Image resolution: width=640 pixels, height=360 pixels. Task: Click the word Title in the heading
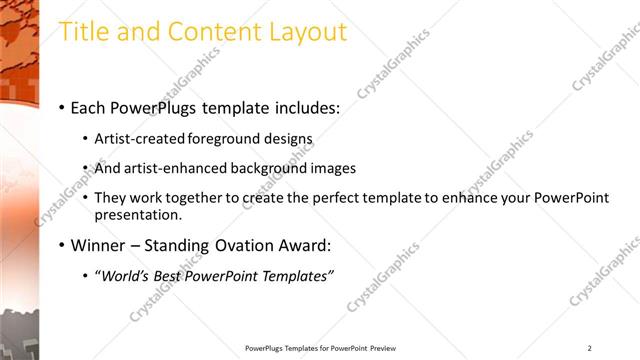click(83, 31)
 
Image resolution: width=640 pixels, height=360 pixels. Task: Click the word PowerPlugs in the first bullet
click(154, 106)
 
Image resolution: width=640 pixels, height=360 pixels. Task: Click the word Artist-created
click(135, 139)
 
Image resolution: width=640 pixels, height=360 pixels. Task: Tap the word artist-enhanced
click(165, 168)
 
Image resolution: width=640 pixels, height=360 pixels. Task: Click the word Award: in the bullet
click(303, 245)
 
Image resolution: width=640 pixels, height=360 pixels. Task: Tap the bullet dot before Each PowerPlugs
click(62, 107)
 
